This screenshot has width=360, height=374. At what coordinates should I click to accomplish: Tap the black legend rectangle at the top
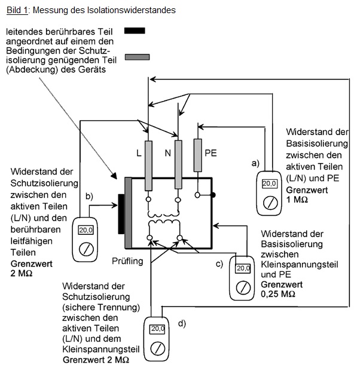click(x=135, y=30)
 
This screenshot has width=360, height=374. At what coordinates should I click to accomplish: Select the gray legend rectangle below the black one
click(x=137, y=57)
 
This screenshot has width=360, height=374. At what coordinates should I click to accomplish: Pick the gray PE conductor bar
click(x=198, y=157)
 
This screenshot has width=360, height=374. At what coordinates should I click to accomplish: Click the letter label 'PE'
click(x=210, y=154)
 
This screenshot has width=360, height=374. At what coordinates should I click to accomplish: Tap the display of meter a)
click(x=270, y=183)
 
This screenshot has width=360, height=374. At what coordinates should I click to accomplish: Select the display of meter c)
click(x=243, y=268)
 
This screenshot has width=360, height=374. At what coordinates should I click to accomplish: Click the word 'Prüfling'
click(x=128, y=261)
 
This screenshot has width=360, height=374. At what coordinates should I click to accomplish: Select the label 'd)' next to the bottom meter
click(x=181, y=323)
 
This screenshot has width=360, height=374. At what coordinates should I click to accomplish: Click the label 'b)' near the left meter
click(x=90, y=195)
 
